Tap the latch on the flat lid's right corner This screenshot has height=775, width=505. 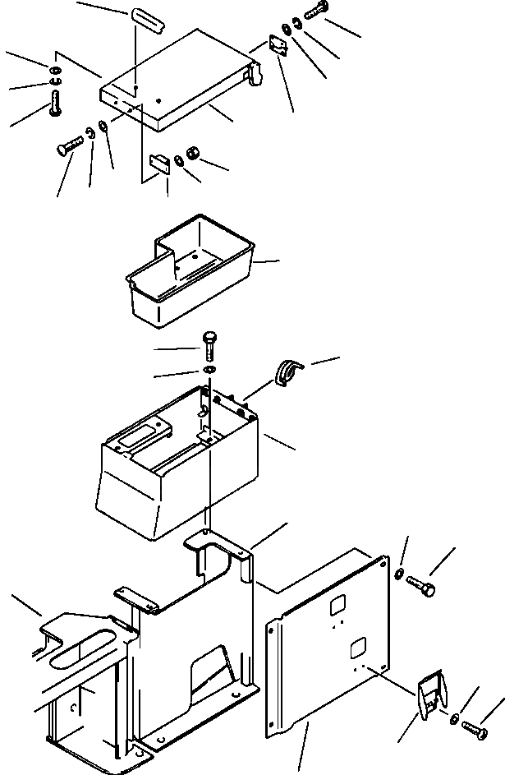255,75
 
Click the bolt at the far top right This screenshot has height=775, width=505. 316,13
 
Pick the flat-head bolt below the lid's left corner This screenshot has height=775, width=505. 71,145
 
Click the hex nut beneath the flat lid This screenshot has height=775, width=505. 195,153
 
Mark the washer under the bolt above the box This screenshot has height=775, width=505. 209,371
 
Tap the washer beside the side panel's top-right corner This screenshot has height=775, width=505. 399,573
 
